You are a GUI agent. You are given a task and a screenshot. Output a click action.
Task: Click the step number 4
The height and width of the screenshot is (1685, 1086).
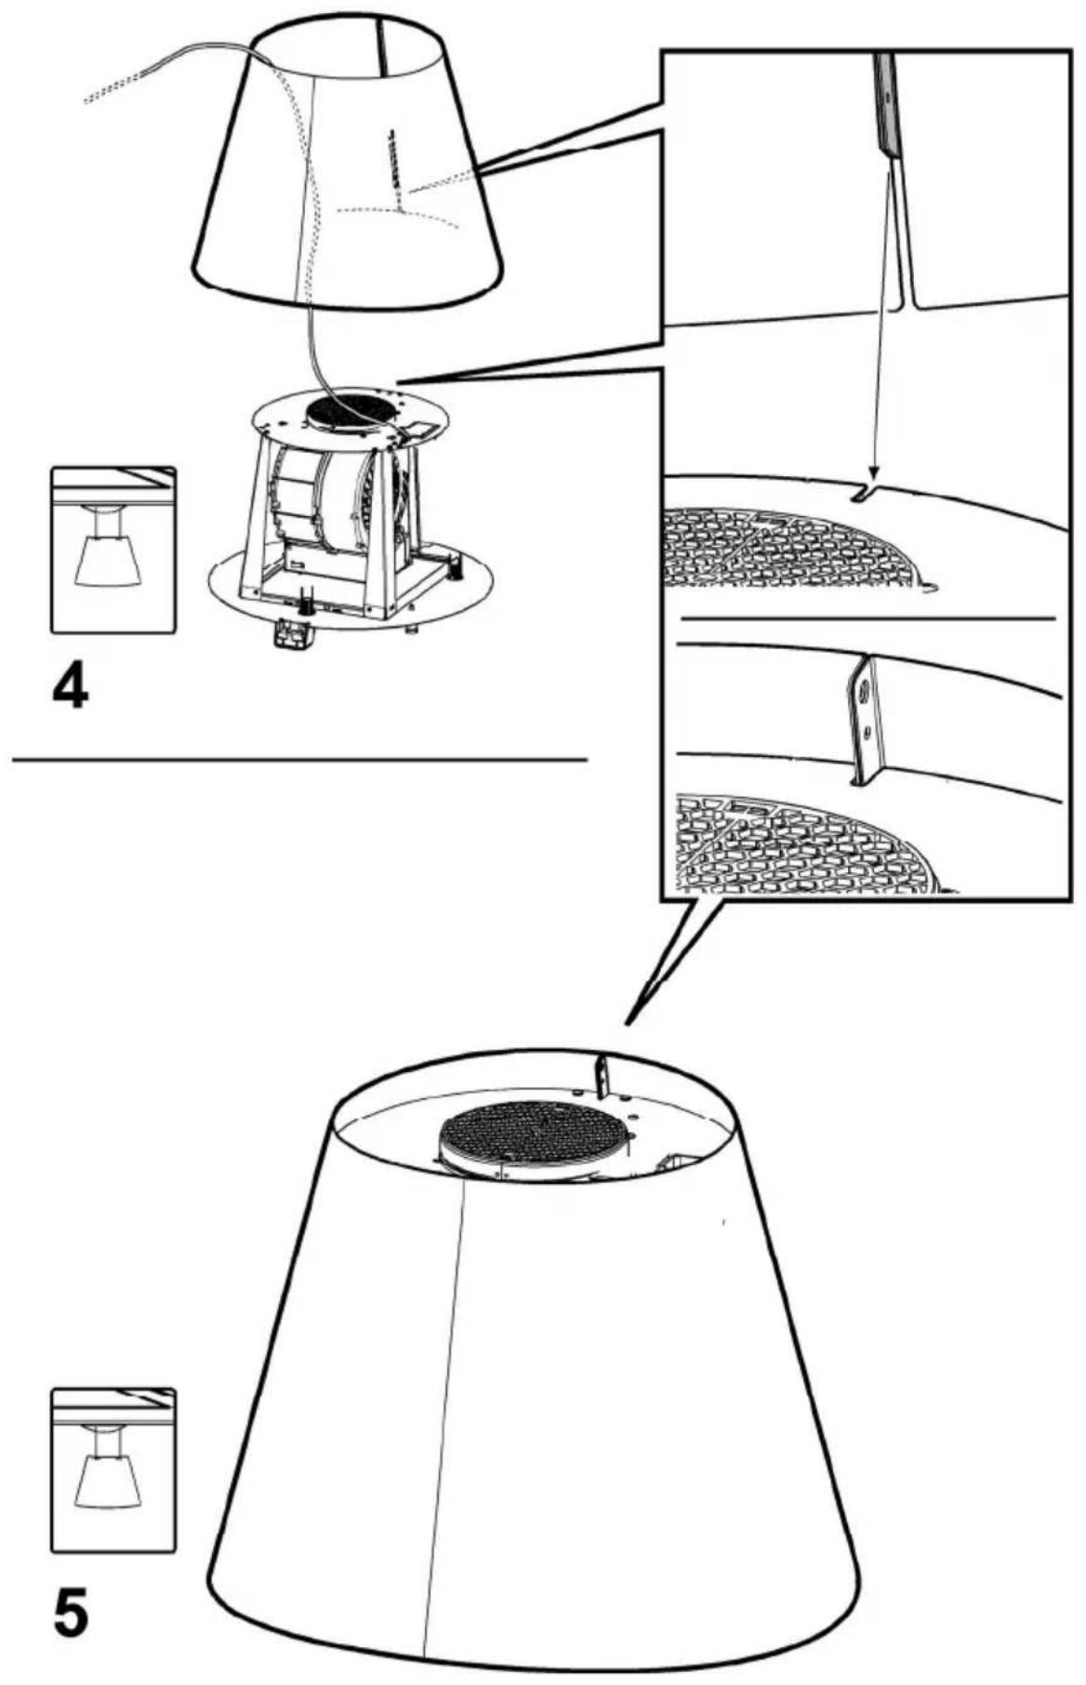(71, 688)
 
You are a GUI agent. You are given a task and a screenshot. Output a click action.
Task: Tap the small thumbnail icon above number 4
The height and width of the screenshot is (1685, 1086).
(113, 551)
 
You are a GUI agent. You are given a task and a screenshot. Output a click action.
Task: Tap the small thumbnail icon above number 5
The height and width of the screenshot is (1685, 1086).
(113, 1471)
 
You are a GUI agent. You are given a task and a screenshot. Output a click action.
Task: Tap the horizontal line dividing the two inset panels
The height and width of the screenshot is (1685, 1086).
(868, 617)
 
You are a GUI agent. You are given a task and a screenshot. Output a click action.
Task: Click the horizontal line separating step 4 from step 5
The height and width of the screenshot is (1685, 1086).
(299, 760)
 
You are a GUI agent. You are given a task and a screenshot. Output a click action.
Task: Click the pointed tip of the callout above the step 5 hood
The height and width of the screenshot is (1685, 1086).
(629, 1023)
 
